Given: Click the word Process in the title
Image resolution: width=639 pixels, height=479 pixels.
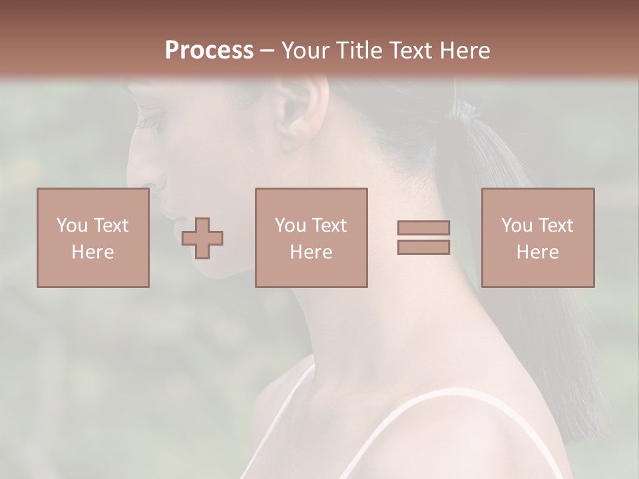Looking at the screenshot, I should point(209,51).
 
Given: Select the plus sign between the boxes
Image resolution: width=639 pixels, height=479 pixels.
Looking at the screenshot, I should point(202,238).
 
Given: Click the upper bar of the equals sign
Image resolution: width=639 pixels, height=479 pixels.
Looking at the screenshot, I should point(423,228).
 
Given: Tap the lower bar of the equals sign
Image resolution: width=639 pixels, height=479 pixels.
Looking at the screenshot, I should point(423,247).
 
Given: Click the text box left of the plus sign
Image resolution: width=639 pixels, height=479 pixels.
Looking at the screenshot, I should point(93,238).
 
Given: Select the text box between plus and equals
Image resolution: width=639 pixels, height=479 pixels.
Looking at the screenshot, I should point(312,238).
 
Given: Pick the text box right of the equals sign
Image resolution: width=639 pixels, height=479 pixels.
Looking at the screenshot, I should point(538,238).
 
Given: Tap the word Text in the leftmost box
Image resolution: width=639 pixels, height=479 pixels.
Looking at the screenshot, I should point(110,226).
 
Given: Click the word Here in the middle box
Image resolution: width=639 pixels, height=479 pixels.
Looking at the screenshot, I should point(312,252).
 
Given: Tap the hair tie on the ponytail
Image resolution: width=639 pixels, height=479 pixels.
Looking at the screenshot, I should point(459,123).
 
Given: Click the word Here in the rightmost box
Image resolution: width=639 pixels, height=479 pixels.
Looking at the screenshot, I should point(538,252).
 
